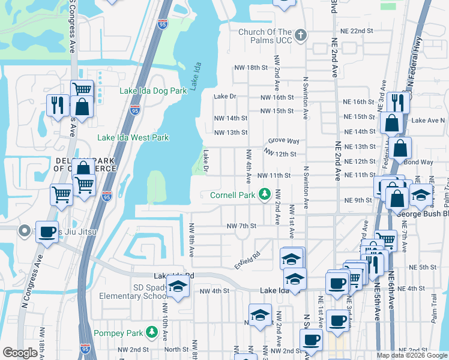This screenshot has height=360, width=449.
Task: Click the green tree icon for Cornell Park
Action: coord(264,194)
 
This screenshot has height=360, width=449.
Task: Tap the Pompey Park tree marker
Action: coord(152,332)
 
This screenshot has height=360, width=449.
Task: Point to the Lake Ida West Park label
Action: coord(133,137)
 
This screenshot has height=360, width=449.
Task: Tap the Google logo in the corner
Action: coord(20,353)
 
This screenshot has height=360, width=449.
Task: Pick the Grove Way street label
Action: coord(283,140)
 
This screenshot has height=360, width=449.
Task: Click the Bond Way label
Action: coord(418,162)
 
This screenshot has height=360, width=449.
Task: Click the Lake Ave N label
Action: coord(428,120)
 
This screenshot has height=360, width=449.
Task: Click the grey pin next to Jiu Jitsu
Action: coord(25,230)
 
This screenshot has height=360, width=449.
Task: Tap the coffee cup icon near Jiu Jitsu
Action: coord(47,232)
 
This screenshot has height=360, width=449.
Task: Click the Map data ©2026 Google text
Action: coord(412,355)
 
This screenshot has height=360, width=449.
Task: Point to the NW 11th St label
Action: coord(274,176)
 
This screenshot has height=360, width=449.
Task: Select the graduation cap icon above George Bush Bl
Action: coord(421,194)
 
